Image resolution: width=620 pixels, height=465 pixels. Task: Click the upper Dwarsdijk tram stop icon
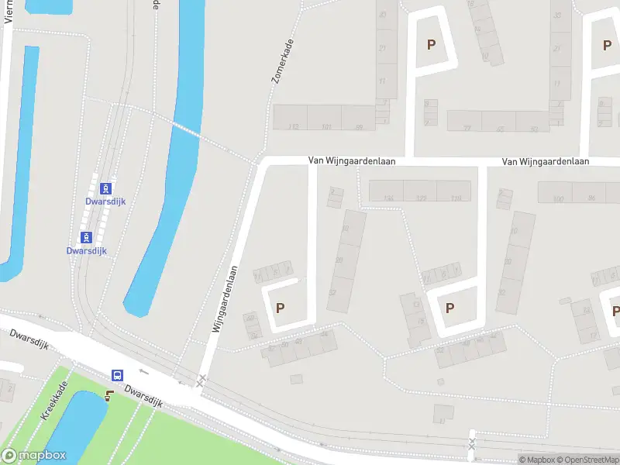point(106,188)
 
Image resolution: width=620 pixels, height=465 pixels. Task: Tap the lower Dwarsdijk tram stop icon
point(85,236)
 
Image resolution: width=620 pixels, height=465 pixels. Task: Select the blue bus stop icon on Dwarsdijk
point(117,375)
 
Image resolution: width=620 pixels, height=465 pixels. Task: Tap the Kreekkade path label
point(54,401)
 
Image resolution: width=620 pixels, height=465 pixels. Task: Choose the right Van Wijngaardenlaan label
point(545,161)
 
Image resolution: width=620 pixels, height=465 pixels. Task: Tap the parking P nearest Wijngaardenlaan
point(281,308)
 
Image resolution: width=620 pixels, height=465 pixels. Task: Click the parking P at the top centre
point(431,44)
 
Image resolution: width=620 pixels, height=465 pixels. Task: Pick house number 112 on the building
point(293,126)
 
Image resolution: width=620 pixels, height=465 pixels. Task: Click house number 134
point(389,198)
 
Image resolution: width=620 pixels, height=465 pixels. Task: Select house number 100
point(558,199)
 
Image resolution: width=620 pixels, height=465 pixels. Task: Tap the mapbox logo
point(33,456)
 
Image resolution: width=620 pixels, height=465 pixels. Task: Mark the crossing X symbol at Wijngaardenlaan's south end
point(201,379)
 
